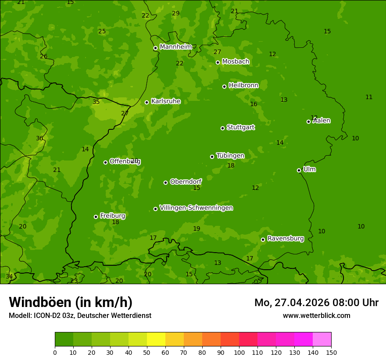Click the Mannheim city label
[175, 47]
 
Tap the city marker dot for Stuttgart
[222, 128]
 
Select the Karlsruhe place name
[166, 101]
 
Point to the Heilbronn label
[243, 86]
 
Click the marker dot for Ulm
[299, 170]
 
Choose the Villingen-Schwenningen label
[196, 208]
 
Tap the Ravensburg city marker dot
[263, 239]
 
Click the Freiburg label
[112, 216]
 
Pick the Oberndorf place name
[186, 182]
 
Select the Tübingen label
[230, 156]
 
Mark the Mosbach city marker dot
[218, 62]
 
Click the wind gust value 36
[39, 139]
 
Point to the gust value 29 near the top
[175, 14]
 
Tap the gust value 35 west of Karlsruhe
[96, 102]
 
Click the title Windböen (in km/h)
[71, 302]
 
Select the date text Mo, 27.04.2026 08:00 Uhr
[316, 303]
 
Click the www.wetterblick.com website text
[316, 315]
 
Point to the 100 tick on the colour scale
[239, 352]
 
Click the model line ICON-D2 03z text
[80, 315]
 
